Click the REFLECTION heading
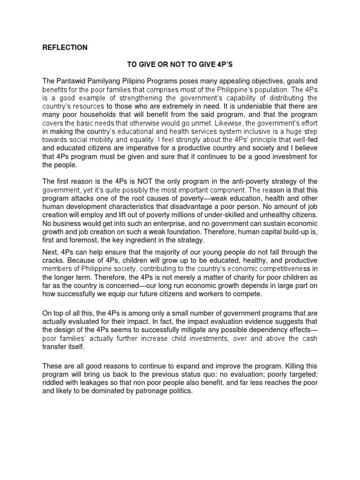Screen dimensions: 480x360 point(65,47)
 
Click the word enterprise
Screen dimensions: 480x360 point(171,224)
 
